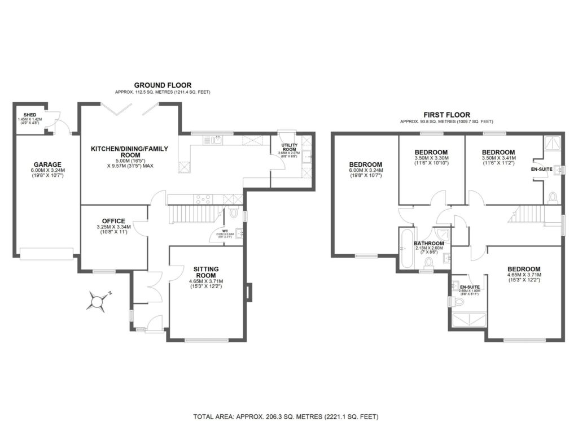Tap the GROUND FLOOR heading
[x=163, y=85]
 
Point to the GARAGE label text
[x=47, y=165]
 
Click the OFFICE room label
[x=113, y=221]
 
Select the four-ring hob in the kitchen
[x=202, y=199]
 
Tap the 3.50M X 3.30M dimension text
[x=431, y=159]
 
